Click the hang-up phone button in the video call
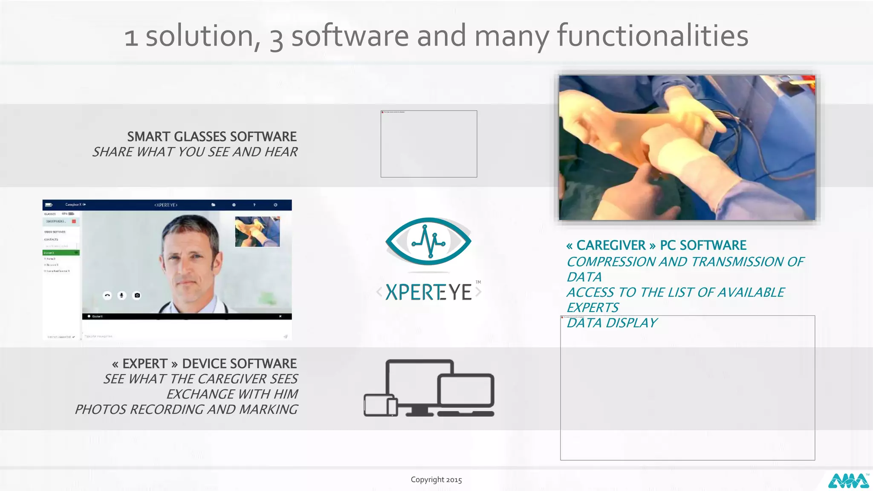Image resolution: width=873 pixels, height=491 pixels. (107, 295)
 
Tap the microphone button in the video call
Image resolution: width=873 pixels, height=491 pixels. (122, 295)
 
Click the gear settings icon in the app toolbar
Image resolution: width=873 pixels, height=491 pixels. (234, 205)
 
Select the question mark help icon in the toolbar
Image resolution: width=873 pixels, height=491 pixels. (254, 205)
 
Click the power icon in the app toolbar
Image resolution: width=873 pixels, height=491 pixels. (275, 205)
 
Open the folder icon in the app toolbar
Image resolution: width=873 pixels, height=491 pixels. (213, 205)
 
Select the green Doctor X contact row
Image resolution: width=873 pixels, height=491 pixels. (61, 253)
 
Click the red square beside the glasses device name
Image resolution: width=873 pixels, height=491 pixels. (74, 222)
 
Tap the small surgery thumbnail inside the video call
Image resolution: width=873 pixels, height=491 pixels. (257, 231)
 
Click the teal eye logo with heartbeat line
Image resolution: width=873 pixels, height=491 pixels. (428, 241)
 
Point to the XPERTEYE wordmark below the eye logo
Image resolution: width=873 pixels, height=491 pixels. (428, 292)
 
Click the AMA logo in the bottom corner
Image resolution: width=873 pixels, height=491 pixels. (848, 481)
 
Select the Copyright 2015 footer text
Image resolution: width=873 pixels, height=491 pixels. (436, 480)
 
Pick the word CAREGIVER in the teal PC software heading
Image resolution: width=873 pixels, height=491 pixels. (611, 245)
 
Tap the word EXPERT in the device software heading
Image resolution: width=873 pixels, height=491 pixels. (145, 364)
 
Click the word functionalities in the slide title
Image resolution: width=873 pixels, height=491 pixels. (653, 36)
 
